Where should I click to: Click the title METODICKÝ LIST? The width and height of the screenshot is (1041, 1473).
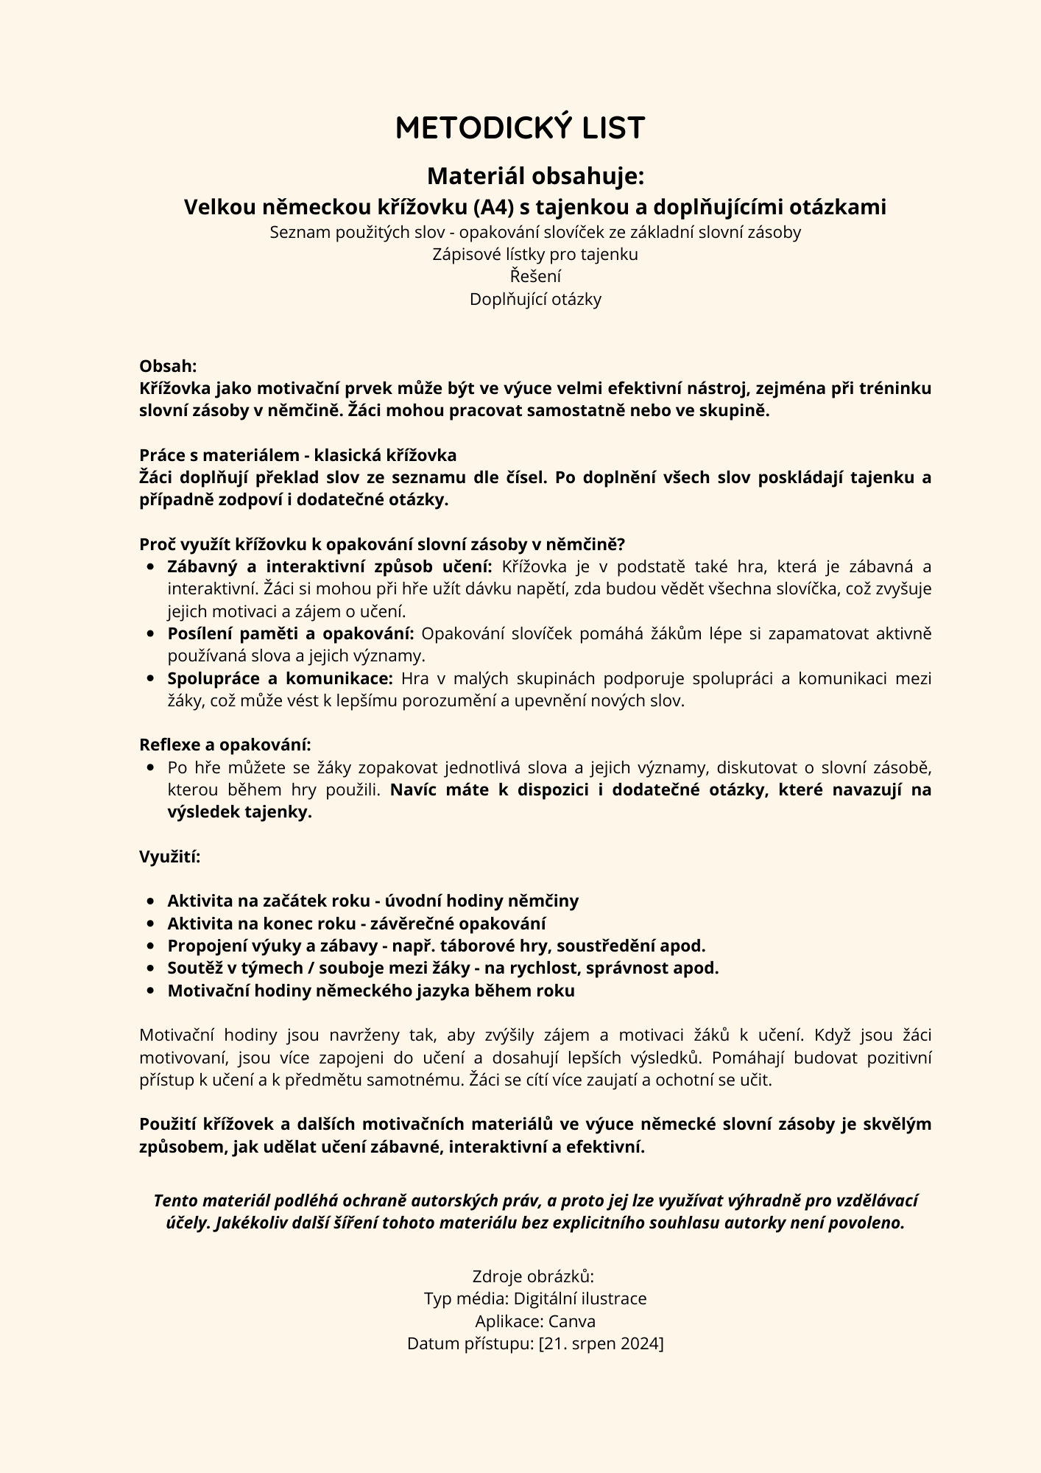(520, 128)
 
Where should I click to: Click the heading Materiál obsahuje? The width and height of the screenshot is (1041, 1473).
(535, 176)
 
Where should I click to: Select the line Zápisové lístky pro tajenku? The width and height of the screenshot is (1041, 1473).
(535, 254)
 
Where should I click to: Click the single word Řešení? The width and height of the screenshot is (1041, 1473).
(535, 277)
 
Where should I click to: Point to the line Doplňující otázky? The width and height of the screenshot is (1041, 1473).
(535, 299)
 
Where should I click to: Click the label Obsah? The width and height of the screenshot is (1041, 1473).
(168, 366)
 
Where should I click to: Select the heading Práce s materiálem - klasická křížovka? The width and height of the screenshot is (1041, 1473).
(297, 455)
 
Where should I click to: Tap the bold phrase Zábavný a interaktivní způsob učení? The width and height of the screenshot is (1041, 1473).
(329, 566)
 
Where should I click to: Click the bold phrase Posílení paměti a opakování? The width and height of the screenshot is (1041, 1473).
(291, 633)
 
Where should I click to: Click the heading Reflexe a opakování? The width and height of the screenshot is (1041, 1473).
(225, 745)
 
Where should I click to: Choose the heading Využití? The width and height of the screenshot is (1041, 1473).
(169, 857)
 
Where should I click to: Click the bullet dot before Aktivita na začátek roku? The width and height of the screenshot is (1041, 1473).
(150, 901)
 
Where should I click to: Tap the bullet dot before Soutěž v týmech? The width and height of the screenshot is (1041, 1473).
(150, 968)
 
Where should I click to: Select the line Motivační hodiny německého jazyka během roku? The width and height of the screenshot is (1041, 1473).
(370, 991)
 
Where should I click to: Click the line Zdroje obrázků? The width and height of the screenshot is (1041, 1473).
(532, 1276)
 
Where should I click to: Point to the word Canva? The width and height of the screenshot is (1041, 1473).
(571, 1321)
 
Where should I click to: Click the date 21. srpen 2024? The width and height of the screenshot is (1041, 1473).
(601, 1343)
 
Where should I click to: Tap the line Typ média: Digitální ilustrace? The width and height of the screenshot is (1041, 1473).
(535, 1298)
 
